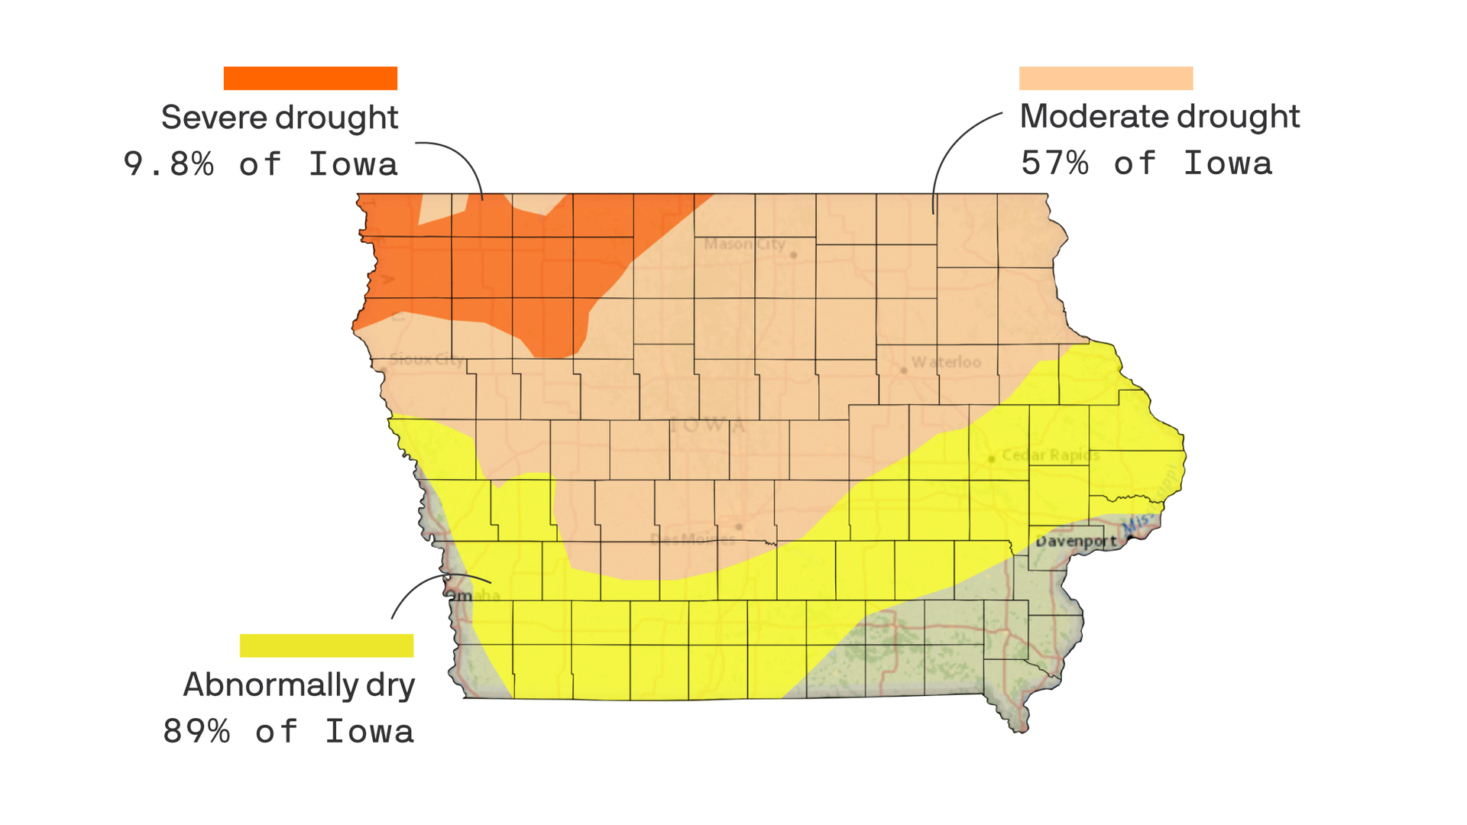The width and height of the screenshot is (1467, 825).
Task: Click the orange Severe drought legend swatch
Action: [310, 78]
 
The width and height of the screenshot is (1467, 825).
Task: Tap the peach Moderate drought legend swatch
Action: [1106, 78]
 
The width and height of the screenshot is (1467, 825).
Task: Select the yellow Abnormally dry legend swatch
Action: [326, 645]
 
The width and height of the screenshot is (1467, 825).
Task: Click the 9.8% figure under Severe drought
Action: [169, 164]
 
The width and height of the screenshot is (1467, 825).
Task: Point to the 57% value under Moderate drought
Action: [1054, 163]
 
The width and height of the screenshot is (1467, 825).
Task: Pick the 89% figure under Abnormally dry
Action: [196, 732]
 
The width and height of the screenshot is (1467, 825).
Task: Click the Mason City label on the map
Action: [743, 244]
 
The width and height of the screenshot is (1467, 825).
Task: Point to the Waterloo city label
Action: [946, 362]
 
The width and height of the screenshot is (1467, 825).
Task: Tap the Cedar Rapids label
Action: [1051, 455]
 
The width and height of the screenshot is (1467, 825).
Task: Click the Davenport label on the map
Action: [1076, 542]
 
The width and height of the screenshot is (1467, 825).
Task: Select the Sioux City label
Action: [426, 359]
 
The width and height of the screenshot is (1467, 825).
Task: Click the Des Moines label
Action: [691, 539]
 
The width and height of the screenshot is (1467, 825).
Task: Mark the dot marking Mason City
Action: [793, 255]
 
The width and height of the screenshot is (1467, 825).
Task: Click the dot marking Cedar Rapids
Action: [992, 459]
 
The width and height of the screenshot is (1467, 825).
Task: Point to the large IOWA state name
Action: [707, 425]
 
